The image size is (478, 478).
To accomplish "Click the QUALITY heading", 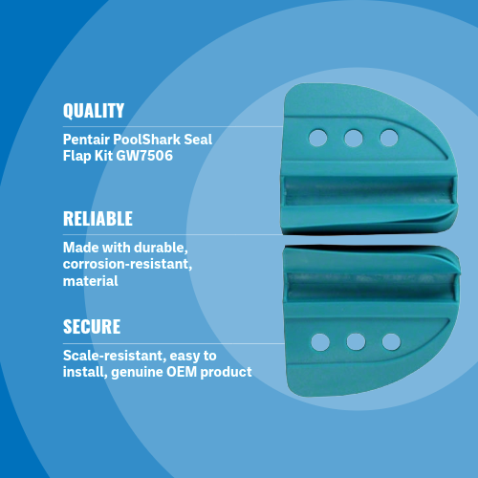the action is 94,111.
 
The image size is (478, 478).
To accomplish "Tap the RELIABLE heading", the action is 98,219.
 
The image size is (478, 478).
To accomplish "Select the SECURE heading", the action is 92,327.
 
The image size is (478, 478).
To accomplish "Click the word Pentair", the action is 86,140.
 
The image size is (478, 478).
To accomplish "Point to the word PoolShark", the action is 146,140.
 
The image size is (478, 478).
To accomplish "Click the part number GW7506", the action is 144,156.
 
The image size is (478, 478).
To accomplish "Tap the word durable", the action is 161,248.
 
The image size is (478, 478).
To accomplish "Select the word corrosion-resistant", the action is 127,264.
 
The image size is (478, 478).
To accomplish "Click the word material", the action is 90,281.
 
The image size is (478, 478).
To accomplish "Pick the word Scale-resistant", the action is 115,356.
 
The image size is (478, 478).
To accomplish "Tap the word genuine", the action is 137,373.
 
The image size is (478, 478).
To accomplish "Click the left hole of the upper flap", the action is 318,138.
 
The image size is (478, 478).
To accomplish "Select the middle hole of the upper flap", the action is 354,138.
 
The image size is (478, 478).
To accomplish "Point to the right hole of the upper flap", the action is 389,138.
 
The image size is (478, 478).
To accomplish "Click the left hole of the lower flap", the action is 320,342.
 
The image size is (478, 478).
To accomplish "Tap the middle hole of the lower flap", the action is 356,341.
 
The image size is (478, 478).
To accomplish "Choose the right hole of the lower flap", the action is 391,341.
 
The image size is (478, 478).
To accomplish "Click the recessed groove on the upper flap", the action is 369,190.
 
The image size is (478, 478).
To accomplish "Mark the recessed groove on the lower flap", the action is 371,287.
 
